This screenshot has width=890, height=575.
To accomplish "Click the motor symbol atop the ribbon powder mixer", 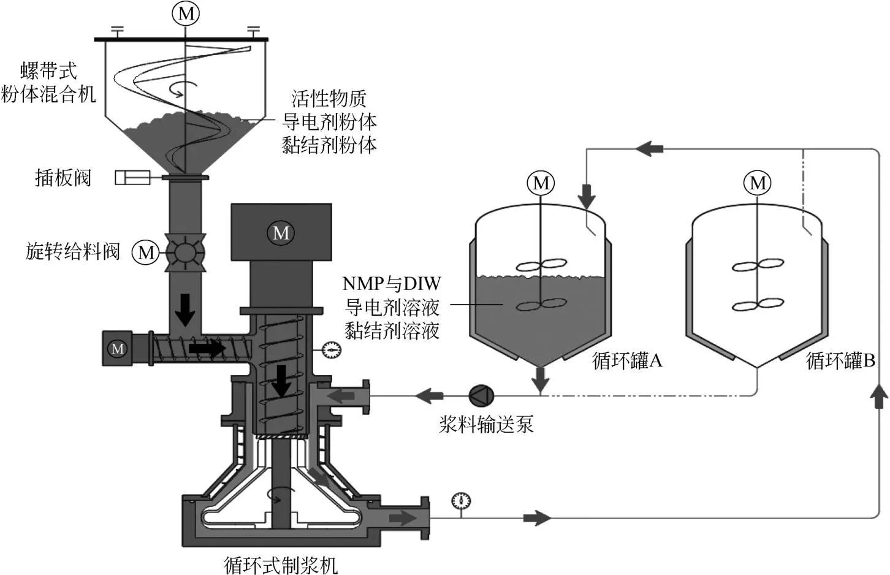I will coord(186,13).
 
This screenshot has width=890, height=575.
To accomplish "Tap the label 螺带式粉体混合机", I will coord(48,83).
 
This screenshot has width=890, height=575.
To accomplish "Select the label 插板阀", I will coord(63,178).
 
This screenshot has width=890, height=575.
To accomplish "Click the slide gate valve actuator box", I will coord(132,178).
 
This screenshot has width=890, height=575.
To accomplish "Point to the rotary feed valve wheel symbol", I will coord(185,253).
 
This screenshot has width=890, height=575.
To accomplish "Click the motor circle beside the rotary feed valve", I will coord(146,253).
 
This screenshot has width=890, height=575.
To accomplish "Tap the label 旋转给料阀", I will coord(72,251).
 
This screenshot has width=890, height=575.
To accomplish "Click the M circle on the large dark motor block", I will coord(281,233).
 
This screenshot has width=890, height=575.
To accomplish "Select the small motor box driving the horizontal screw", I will coord(118,349).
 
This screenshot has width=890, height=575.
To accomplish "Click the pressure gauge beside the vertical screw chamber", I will coord(332,350).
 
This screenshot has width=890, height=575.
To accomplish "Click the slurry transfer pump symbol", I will coord(478,395).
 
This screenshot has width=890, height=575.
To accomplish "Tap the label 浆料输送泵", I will coord(486,424).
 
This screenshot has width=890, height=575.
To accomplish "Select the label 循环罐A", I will coord(627,360).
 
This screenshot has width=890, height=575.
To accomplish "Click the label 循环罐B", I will coord(840,360).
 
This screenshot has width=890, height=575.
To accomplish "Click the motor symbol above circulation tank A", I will coord(541,183).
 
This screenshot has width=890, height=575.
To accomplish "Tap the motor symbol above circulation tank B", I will coord(758,183).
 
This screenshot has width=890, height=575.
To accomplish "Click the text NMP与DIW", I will coord(392,283).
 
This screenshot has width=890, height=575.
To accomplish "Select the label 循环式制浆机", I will coord(281,565).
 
